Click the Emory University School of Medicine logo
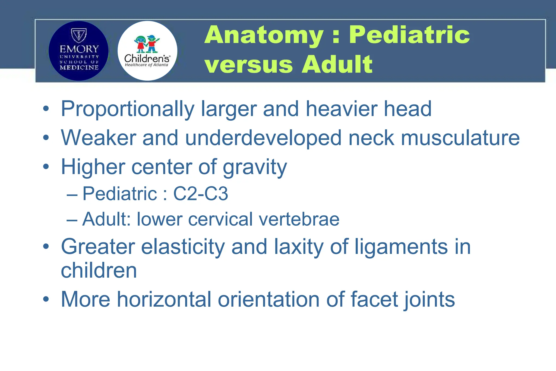coord(78,51)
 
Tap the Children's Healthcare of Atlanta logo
coord(147,51)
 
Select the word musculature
coord(460,138)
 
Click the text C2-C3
coord(201,194)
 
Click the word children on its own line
coord(99,271)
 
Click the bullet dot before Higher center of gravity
coord(46,166)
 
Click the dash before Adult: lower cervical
coord(72,220)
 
